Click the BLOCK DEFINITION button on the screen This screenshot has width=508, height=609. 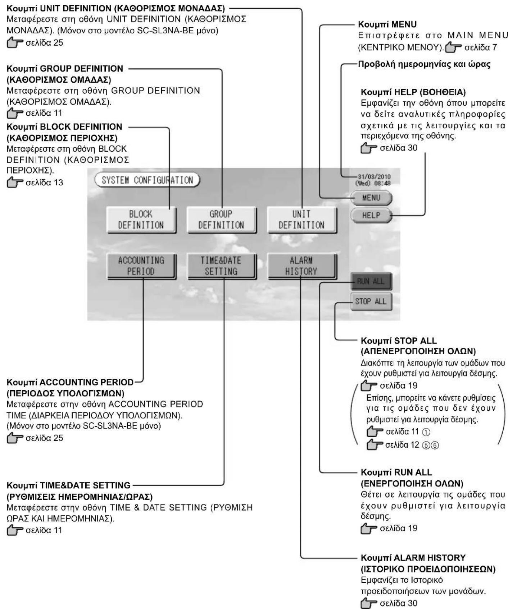[141, 220]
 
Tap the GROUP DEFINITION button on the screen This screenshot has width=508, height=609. [221, 220]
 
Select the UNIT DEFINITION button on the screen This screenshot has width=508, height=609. [301, 220]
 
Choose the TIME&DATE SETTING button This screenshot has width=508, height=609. [221, 266]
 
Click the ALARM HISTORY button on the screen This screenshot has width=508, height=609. [301, 266]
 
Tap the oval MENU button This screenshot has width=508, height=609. [372, 198]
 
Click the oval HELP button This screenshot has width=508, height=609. [372, 215]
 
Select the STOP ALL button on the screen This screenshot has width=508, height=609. [371, 301]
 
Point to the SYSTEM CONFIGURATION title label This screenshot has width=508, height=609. [147, 180]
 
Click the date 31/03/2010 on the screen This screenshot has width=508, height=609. [374, 177]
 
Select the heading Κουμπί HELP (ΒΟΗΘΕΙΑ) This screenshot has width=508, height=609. [413, 92]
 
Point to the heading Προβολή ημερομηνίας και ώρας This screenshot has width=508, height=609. [424, 65]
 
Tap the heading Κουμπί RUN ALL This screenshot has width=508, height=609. [396, 472]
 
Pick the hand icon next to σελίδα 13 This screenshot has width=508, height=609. [15, 183]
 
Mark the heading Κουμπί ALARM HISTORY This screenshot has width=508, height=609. [413, 558]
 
